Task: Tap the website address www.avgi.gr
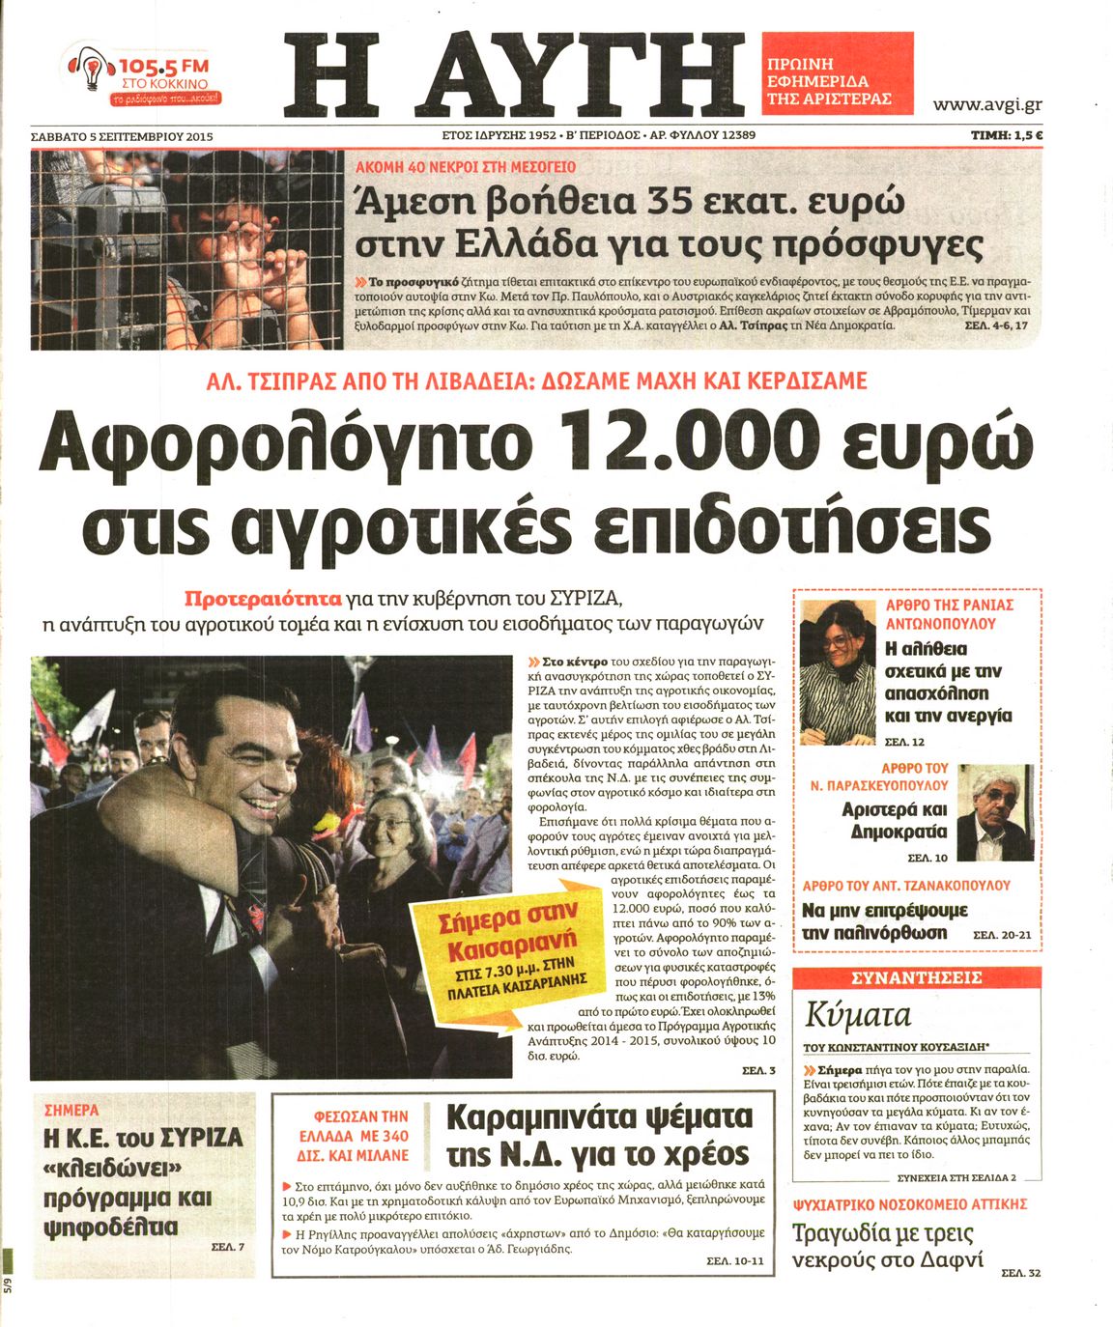tap(986, 104)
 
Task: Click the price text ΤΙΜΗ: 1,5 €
tap(1006, 136)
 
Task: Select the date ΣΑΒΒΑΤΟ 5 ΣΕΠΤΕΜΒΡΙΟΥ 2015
tap(122, 136)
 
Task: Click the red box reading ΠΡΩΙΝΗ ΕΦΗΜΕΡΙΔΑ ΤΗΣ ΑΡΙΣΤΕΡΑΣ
tap(837, 82)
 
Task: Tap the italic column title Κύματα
tap(858, 1016)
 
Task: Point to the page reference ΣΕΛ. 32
tap(1020, 1274)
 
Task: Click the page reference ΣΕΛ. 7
tap(227, 1247)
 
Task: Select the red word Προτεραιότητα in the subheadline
tap(263, 597)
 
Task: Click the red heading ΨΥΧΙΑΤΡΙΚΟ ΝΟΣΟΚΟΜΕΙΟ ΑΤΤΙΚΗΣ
tap(909, 1204)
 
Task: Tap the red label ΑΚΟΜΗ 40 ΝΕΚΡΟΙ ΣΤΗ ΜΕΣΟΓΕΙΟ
tap(466, 166)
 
